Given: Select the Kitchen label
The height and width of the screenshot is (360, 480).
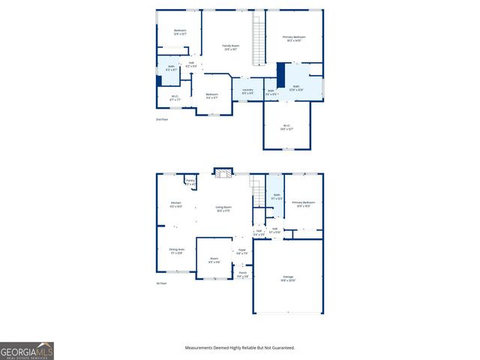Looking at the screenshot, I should click(176, 205).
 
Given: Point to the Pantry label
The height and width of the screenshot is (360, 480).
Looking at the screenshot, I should click(190, 182).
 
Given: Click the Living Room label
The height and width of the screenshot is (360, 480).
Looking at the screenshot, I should click(223, 209).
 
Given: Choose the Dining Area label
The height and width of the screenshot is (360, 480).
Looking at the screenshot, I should click(176, 250).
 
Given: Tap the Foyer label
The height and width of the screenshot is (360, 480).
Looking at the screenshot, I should click(241, 251).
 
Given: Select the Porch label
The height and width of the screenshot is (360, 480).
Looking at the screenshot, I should click(242, 275).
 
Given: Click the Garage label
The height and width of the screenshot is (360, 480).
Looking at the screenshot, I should click(289, 278).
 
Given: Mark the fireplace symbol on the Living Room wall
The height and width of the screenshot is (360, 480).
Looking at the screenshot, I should click(222, 174).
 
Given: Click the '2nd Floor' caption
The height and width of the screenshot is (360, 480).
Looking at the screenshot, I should click(162, 119).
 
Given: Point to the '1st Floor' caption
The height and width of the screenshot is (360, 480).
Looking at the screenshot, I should click(161, 283).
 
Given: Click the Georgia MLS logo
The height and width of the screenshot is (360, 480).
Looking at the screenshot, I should click(26, 350).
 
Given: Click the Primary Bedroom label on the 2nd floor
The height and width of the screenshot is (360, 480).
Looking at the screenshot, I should click(294, 38).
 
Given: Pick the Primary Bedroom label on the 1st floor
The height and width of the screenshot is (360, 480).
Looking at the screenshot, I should click(303, 204).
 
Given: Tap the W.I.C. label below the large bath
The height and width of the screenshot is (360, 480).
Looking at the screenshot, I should click(286, 127).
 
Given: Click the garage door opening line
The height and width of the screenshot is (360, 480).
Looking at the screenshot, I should click(288, 313).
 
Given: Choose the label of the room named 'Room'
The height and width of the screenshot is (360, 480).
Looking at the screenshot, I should click(214, 260).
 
